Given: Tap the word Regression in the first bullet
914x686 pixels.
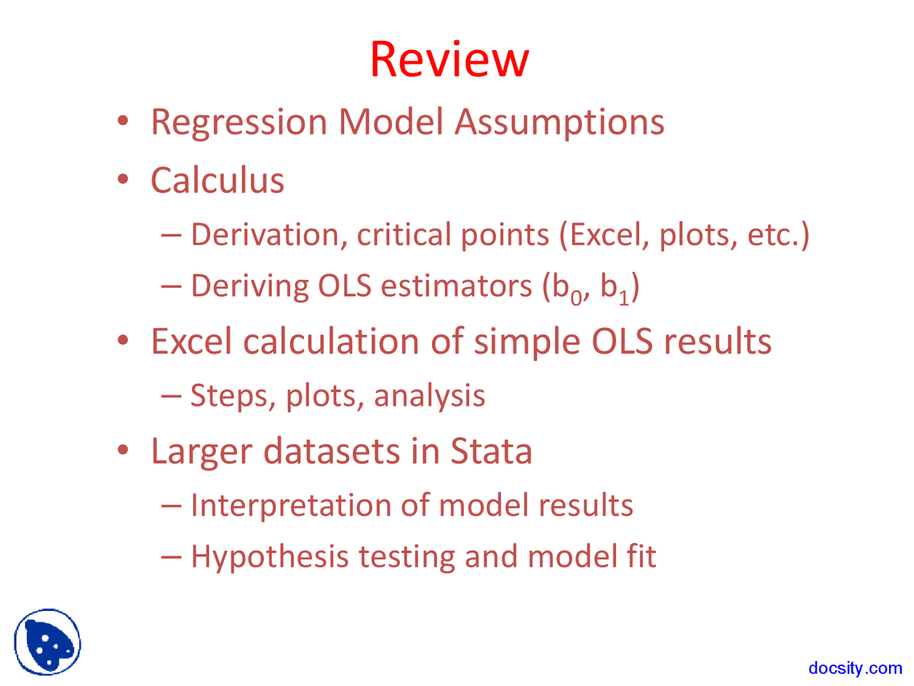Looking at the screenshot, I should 239,122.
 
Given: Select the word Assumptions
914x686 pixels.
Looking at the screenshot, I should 559,122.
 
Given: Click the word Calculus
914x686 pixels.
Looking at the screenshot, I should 217,180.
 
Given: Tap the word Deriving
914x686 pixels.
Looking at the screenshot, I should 249,286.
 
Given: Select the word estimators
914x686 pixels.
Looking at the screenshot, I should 456,286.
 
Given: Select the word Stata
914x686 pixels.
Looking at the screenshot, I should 491,452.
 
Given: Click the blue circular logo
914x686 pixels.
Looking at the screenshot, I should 47,642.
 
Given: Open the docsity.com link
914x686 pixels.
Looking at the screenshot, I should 855,668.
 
